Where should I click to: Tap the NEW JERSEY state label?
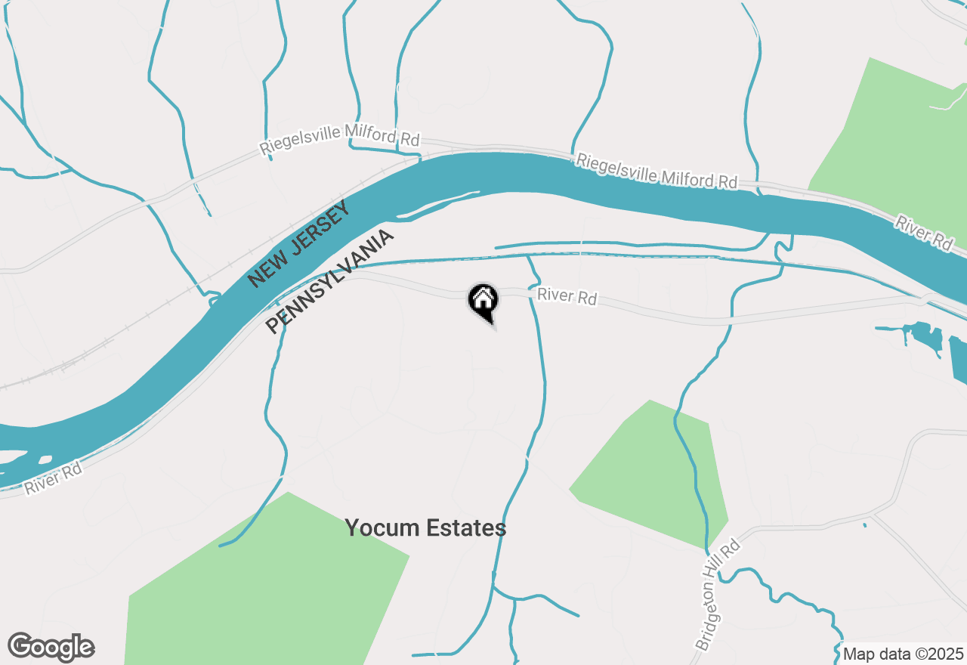click(x=300, y=243)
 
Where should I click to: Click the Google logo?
click(x=51, y=648)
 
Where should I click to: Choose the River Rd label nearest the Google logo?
click(x=52, y=478)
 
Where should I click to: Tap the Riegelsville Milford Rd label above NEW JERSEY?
click(x=339, y=138)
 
